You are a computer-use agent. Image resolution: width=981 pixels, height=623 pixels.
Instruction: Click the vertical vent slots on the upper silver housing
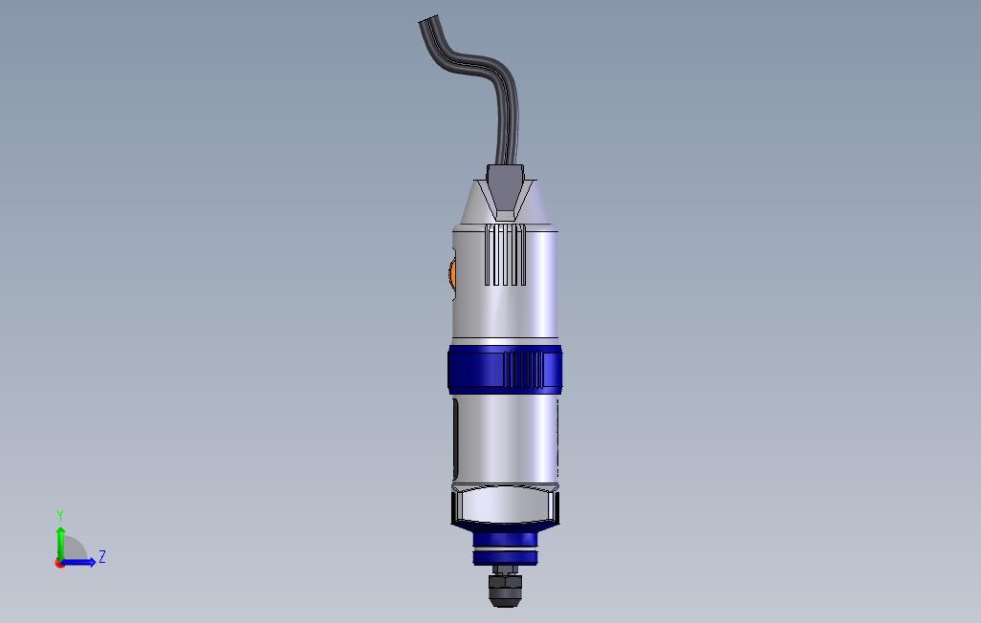pyautogui.click(x=505, y=255)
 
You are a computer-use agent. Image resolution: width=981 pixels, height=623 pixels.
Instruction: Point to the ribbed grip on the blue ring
pyautogui.click(x=522, y=369)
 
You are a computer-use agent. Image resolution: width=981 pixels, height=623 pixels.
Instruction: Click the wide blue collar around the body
pyautogui.click(x=473, y=370)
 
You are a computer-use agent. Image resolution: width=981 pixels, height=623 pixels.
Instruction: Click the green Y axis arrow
pyautogui.click(x=60, y=541)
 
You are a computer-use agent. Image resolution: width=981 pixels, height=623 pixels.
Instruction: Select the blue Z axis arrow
pyautogui.click(x=80, y=562)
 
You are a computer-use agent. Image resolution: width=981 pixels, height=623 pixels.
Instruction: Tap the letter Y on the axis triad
pyautogui.click(x=60, y=516)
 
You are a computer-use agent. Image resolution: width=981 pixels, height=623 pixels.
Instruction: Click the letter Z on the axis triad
pyautogui.click(x=102, y=557)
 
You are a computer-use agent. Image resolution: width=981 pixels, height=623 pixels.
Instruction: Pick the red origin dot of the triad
pyautogui.click(x=60, y=563)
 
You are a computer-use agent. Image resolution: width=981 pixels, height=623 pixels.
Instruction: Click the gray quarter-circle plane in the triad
pyautogui.click(x=73, y=551)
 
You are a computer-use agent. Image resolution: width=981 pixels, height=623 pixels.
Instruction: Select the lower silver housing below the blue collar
pyautogui.click(x=507, y=440)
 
